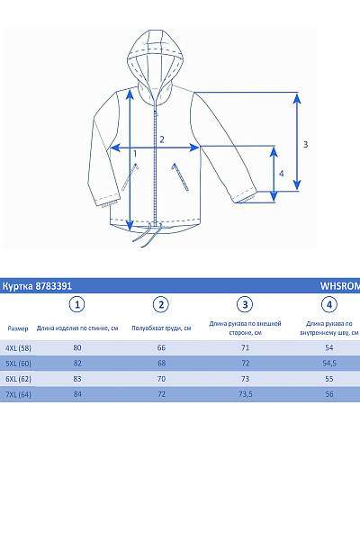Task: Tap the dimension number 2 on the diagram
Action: pos(161,139)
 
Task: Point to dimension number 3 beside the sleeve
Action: pos(306,144)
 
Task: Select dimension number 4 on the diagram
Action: pos(282,173)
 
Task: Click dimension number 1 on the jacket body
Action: pos(135,154)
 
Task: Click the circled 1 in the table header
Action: pos(77,304)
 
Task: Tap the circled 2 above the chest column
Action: pos(161,304)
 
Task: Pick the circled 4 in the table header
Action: pos(329,304)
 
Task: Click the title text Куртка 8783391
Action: pos(37,285)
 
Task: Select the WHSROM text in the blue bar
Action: pos(340,285)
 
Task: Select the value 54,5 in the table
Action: pos(329,364)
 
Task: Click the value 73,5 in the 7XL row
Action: pos(245,394)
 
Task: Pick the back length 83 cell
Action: pos(77,379)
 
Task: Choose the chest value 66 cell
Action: pos(161,347)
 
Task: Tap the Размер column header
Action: pos(18,328)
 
